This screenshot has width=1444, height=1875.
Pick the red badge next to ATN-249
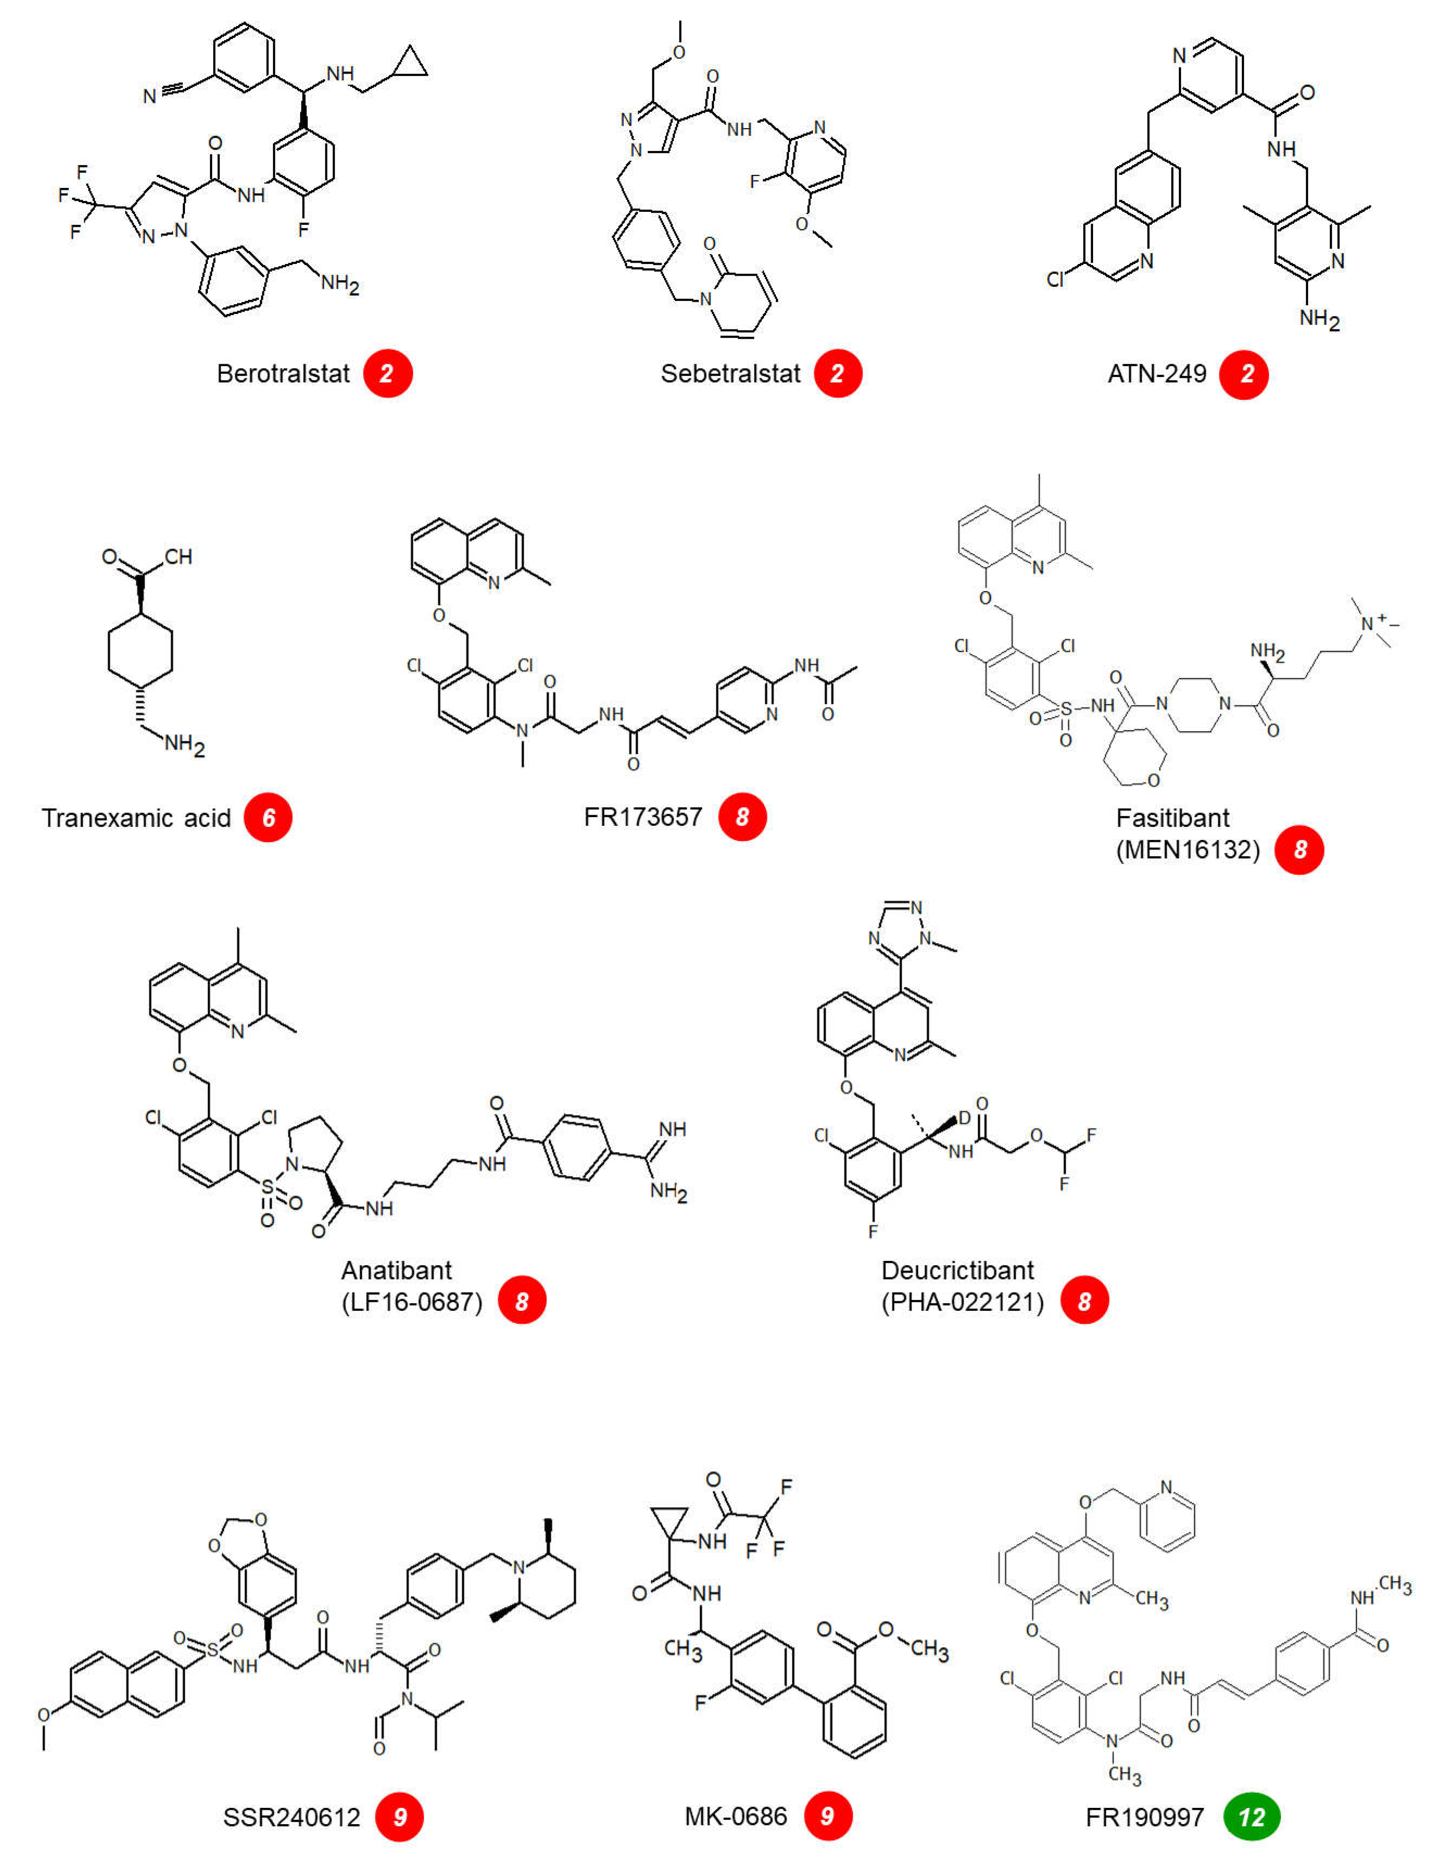click(x=1244, y=374)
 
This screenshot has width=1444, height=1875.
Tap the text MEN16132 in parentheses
click(x=1187, y=850)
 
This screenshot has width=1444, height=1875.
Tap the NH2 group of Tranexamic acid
click(x=184, y=743)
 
